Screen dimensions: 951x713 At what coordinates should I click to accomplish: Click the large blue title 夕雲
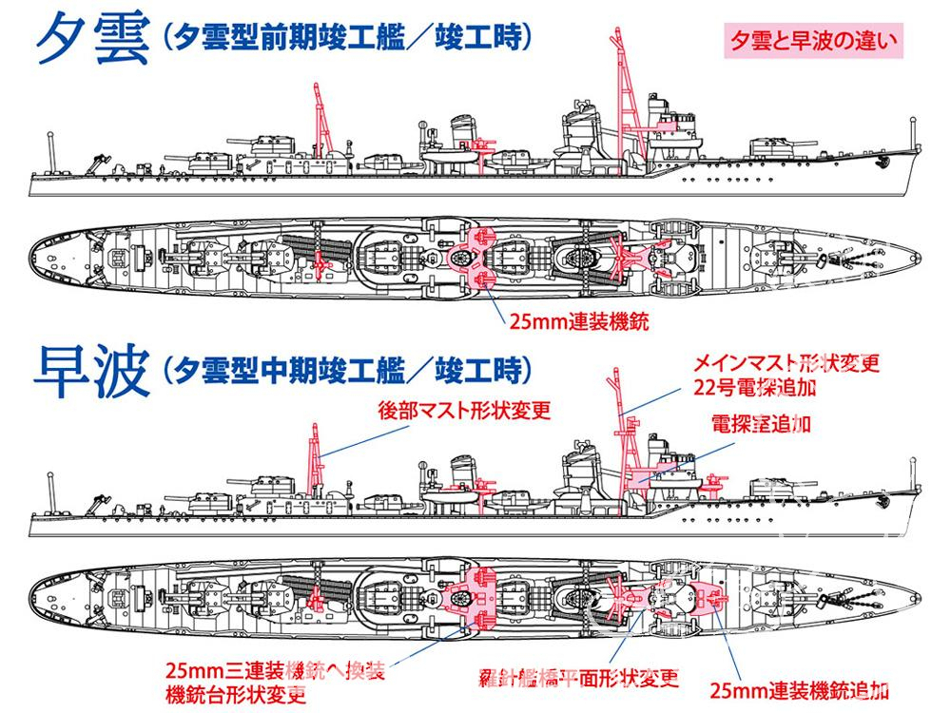[x=93, y=39]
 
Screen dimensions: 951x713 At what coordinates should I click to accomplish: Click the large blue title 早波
[x=92, y=371]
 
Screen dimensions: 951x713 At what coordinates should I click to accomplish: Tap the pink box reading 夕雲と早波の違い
[x=813, y=41]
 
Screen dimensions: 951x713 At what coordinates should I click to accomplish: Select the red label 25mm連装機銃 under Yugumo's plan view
[x=578, y=321]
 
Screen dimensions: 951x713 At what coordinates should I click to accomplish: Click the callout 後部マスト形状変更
[x=465, y=411]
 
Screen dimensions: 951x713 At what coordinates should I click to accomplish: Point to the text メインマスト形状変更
[x=786, y=362]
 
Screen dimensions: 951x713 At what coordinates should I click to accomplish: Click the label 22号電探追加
[x=755, y=387]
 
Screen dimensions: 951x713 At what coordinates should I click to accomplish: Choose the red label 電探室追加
[x=761, y=424]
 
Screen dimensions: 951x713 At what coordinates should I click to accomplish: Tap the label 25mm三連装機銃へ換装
[x=275, y=671]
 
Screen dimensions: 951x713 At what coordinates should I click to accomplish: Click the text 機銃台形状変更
[x=235, y=694]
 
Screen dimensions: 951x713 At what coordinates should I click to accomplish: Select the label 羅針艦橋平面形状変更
[x=578, y=678]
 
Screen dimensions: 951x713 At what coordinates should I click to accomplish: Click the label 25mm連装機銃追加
[x=800, y=690]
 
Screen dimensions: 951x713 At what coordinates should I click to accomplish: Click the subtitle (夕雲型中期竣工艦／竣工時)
[x=347, y=371]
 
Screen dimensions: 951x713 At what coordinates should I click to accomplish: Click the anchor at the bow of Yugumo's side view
[x=883, y=162]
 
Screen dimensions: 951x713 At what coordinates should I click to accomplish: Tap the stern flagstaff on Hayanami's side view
[x=51, y=492]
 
